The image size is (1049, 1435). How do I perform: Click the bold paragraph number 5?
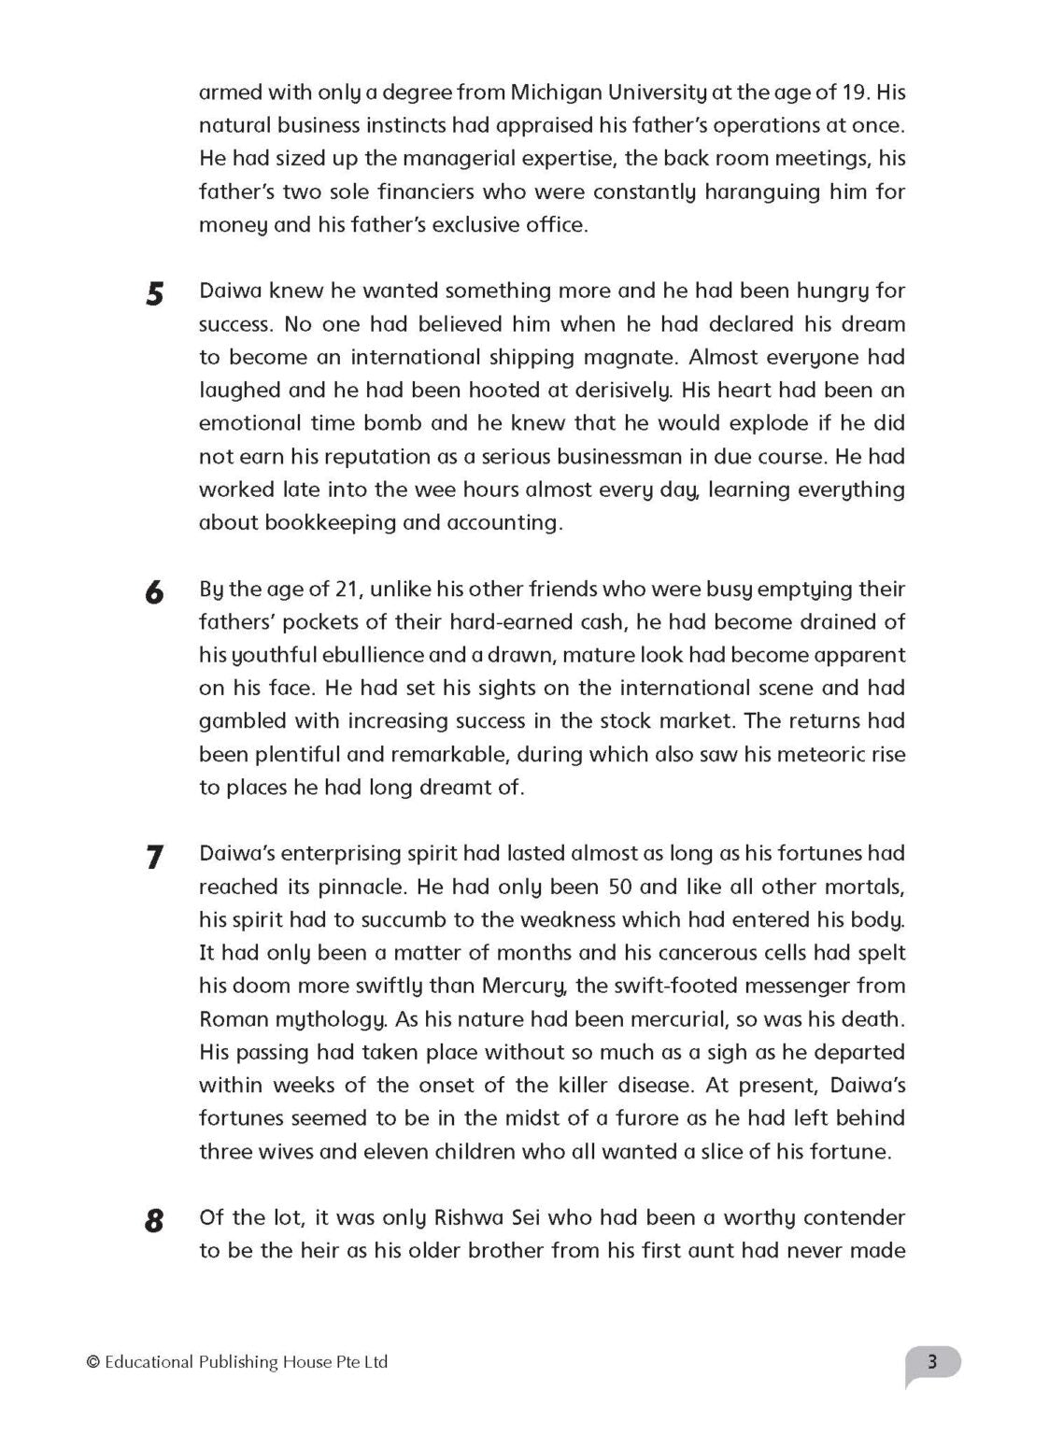tap(155, 294)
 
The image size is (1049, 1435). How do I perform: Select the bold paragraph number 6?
tap(155, 593)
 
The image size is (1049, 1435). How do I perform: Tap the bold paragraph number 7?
tap(155, 857)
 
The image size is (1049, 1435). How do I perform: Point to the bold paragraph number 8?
tap(155, 1221)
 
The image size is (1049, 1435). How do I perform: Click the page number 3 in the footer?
tap(931, 1361)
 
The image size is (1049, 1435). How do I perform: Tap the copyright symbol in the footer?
tap(92, 1362)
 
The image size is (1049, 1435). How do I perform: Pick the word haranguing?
tap(764, 192)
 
